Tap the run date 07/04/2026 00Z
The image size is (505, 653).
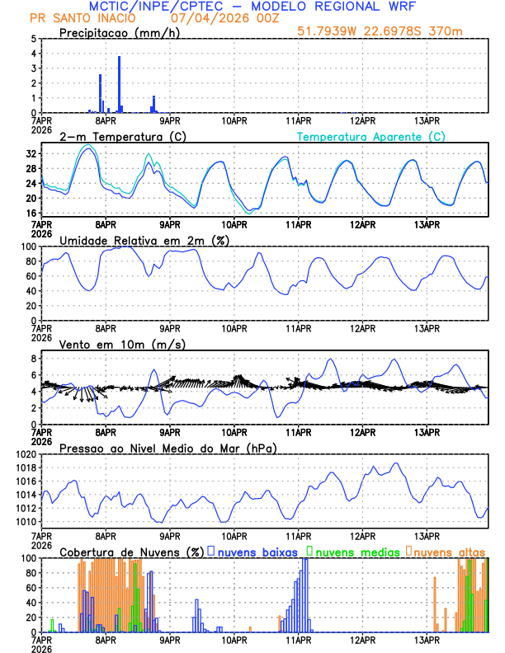point(214,18)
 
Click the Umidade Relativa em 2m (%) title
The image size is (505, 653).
point(144,240)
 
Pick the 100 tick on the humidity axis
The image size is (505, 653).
point(28,247)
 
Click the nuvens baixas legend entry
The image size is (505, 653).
point(258,552)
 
